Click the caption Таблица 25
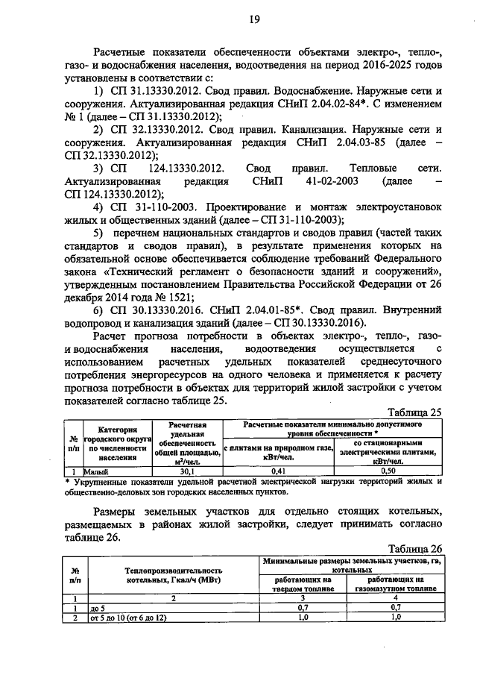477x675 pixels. tap(417, 411)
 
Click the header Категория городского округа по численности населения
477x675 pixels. tap(117, 445)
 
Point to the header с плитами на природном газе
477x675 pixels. tap(277, 450)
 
